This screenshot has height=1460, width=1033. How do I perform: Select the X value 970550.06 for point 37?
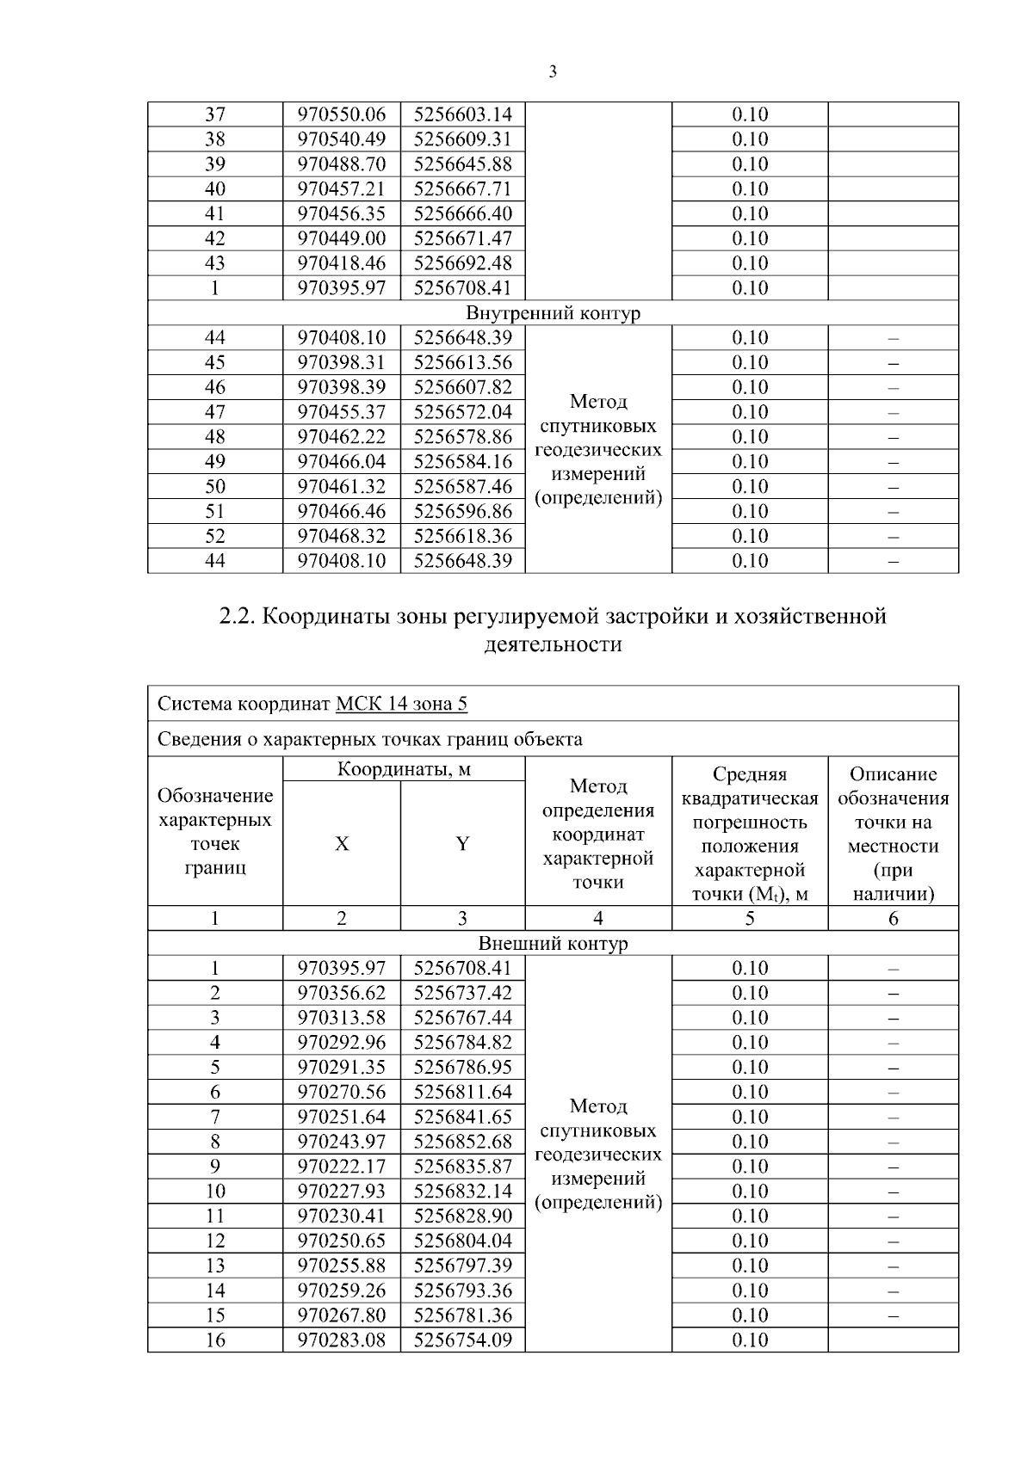342,114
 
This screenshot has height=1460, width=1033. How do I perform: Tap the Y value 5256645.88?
462,164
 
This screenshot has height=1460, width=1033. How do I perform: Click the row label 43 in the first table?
214,263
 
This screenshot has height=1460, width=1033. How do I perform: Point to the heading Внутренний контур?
553,313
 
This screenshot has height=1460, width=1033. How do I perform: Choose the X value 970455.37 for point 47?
342,412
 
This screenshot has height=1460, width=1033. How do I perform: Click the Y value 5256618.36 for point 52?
462,536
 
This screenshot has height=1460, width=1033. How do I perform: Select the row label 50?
214,487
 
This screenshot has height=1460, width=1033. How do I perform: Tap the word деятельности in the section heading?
553,644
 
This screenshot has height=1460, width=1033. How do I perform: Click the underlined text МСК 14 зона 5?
401,705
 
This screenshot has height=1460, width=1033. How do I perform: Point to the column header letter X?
342,844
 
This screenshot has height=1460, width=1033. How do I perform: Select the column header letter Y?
462,844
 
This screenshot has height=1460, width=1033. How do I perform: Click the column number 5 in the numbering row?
750,919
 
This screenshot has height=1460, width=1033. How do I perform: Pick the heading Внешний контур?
553,944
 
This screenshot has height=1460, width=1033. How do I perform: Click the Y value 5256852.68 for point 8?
462,1142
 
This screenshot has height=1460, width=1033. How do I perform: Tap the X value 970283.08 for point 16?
342,1340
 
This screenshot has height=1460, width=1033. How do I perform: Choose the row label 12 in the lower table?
214,1241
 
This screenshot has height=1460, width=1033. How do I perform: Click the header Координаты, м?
404,769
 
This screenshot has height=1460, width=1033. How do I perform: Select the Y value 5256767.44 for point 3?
462,1018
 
